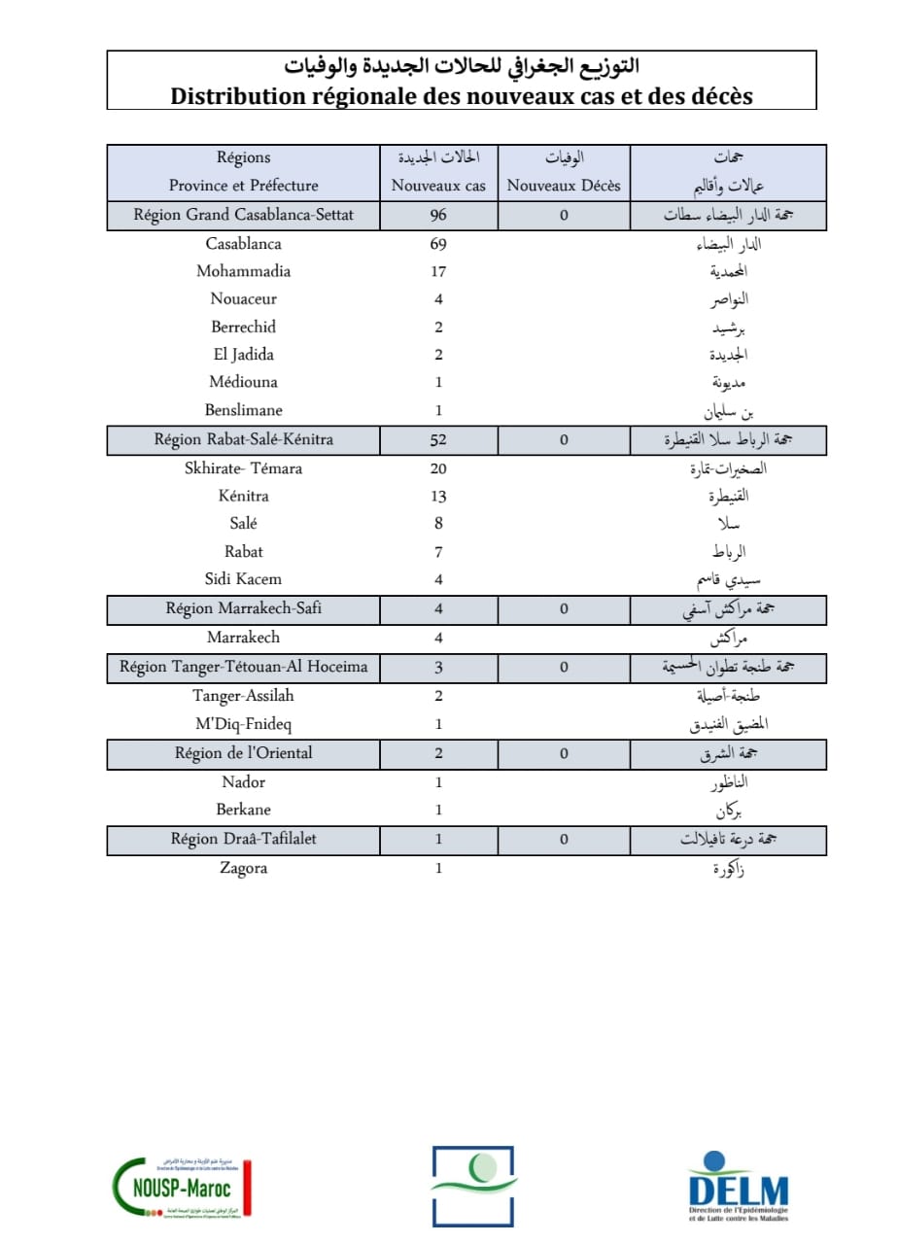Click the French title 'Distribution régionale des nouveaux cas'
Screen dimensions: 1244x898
(462, 95)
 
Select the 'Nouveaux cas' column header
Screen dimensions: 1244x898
(438, 185)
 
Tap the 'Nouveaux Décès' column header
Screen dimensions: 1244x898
(564, 185)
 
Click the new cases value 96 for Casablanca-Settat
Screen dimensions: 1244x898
(438, 216)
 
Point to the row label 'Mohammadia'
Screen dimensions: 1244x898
(243, 271)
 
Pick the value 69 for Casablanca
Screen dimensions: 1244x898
(438, 244)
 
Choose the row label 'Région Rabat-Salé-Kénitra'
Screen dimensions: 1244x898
(243, 439)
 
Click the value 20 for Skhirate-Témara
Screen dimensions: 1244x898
(438, 468)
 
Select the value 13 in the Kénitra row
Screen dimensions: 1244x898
(438, 497)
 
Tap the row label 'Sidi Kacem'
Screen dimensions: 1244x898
(243, 579)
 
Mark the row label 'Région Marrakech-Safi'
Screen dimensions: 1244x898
(243, 609)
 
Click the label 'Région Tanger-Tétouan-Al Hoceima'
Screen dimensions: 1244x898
(243, 667)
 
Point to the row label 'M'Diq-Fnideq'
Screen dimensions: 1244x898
(243, 724)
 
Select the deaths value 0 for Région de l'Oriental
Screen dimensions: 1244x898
(564, 753)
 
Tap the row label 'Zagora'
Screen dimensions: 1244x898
(243, 868)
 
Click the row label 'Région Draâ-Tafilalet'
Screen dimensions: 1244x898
(243, 839)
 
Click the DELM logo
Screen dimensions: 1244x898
(739, 1186)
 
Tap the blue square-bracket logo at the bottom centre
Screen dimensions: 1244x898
(472, 1186)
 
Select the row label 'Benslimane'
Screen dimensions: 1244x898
(243, 410)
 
